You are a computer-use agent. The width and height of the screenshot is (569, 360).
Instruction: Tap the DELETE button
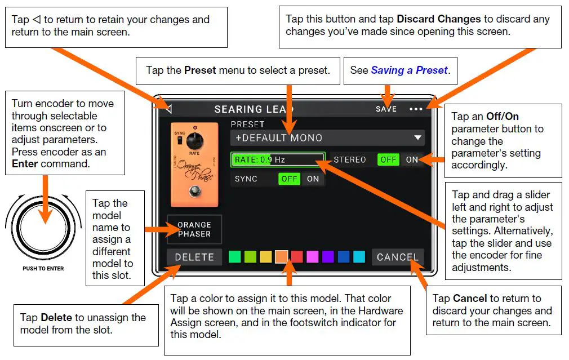tap(194, 257)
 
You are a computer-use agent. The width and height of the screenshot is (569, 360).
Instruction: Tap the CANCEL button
tap(397, 257)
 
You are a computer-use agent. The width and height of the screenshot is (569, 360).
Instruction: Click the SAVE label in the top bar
tap(386, 109)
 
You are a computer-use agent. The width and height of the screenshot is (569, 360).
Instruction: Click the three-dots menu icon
tap(416, 109)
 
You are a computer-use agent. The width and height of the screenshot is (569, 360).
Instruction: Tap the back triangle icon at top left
tap(168, 109)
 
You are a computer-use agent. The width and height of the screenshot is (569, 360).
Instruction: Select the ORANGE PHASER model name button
tap(194, 229)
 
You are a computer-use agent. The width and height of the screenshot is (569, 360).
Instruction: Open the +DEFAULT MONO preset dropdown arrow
tap(417, 137)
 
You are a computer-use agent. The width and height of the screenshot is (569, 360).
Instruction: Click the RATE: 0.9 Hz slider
tap(278, 160)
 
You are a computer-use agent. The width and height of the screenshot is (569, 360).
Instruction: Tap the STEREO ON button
tap(412, 160)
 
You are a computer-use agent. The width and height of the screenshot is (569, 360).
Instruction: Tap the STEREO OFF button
tap(388, 160)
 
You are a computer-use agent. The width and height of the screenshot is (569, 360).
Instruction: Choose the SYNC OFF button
tap(290, 179)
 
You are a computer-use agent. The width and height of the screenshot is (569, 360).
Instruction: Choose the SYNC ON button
tap(313, 179)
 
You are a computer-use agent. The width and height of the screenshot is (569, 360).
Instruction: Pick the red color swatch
tap(297, 257)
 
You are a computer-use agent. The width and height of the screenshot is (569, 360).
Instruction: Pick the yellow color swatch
tap(266, 257)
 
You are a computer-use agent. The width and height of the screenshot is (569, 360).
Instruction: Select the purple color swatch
tap(328, 257)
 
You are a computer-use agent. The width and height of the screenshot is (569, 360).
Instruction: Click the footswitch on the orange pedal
tap(195, 192)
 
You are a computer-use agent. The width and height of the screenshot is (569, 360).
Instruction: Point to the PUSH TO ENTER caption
tap(43, 269)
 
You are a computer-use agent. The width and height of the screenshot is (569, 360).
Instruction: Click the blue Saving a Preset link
tap(408, 70)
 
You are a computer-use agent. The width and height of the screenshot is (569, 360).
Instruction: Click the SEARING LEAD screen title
tap(254, 109)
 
